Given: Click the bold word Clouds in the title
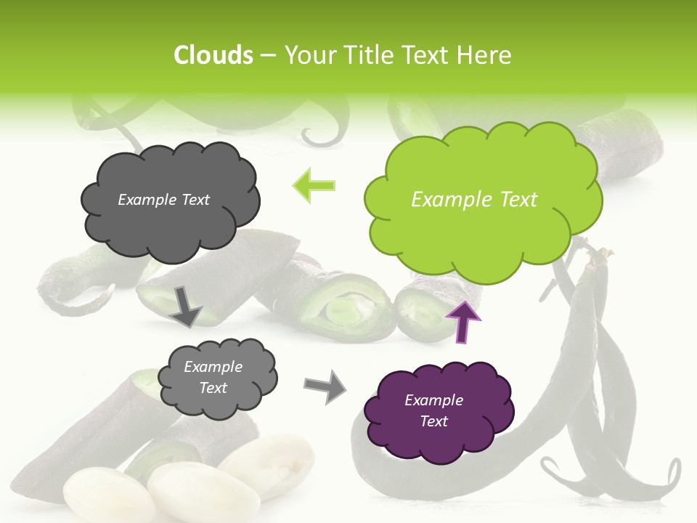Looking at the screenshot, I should [213, 55].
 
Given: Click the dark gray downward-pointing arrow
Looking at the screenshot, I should [186, 305].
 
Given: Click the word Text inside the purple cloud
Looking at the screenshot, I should [434, 421].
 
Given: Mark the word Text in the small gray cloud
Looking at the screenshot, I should [213, 388].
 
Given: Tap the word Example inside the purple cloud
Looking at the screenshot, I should [434, 400].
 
